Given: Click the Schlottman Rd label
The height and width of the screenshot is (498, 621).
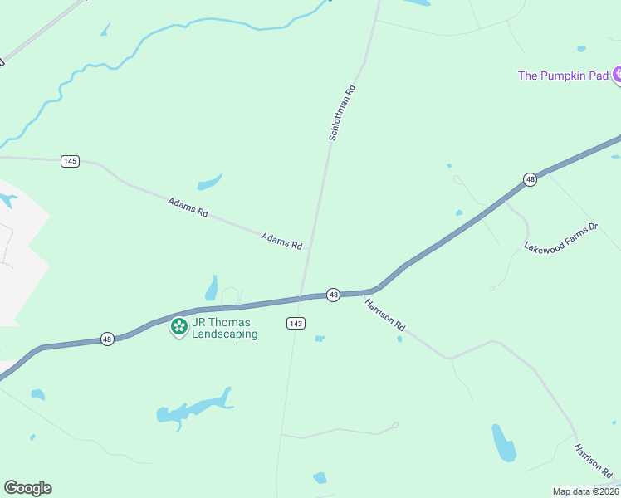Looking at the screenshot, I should point(342,113).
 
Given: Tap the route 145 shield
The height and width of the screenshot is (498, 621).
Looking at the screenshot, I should point(70,161).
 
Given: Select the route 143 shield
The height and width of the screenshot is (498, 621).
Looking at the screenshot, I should point(296,323).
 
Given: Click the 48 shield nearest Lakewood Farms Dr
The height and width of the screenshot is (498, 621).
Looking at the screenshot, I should point(530,179).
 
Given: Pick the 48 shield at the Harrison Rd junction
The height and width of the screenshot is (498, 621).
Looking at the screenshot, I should point(333,295).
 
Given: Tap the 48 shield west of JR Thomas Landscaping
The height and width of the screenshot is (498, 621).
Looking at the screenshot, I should point(107,339).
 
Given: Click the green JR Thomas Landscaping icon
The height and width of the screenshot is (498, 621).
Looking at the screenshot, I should point(178,327).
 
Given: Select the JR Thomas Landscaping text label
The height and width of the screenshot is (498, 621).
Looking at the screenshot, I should point(225,328).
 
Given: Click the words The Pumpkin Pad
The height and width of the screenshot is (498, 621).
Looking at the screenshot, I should point(562,76).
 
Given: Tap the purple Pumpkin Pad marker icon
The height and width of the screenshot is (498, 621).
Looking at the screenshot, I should point(617,76).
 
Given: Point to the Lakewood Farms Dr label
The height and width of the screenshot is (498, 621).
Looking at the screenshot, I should point(561,237).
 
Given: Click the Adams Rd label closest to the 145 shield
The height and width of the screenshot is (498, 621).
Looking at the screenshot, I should point(188,207).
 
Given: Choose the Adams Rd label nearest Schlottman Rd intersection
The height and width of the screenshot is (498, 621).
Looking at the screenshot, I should point(281,241).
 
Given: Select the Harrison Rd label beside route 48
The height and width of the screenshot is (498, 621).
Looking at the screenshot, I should point(385,315).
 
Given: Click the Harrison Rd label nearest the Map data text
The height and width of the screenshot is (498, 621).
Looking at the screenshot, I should point(593,462).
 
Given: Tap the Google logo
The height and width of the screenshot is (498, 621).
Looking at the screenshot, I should point(27,488).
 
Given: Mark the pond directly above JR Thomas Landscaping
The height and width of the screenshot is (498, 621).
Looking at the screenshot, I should point(212,289).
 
